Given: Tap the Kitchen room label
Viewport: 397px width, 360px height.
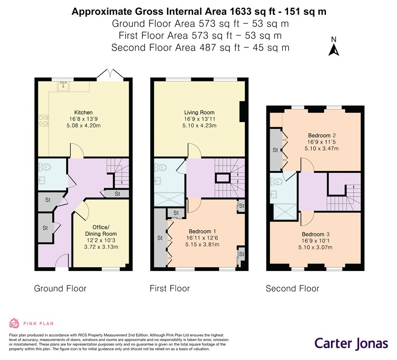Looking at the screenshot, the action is click(83, 112).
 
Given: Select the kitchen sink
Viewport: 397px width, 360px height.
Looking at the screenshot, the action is click(63, 86).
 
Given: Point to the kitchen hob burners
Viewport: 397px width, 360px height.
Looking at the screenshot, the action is click(43, 121).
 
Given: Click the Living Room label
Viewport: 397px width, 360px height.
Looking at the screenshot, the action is click(199, 112).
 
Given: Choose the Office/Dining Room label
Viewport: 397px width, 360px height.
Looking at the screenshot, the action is click(101, 230).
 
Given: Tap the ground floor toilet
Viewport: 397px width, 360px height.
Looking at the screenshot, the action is click(45, 167).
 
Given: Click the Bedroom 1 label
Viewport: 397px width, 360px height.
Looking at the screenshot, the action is click(202, 231).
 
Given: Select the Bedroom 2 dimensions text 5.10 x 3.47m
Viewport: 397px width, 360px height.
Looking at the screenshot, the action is click(321, 148).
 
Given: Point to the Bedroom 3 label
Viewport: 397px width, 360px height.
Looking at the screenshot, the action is click(316, 234).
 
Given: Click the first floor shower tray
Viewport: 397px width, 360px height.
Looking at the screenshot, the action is click(169, 199).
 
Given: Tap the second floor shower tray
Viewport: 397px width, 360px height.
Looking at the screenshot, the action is click(285, 211).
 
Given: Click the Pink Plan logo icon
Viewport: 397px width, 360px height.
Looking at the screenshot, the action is click(14, 323).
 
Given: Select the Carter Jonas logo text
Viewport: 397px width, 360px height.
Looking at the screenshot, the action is click(351, 343).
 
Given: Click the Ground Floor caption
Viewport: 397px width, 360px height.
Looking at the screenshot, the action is click(60, 288).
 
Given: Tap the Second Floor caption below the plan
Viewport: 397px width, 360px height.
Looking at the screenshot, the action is click(293, 288).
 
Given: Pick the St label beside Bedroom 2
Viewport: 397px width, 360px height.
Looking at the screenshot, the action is click(275, 150).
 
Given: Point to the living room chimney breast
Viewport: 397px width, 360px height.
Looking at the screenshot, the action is click(242, 112).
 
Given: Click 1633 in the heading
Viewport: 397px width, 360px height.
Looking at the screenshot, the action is click(240, 12).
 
